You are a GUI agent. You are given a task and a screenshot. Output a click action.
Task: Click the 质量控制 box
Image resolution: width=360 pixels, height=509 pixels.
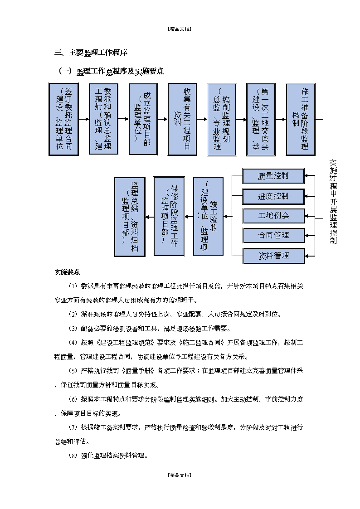coord(274,176)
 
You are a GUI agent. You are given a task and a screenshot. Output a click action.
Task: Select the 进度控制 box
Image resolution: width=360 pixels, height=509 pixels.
coord(274,196)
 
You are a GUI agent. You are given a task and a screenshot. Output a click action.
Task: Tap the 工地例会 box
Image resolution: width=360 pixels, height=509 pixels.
coord(274,216)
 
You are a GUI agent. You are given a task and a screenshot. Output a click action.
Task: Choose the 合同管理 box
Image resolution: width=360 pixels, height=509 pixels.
coord(274,235)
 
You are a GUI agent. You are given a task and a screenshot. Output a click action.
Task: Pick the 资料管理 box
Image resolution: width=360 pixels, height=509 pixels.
coord(274,256)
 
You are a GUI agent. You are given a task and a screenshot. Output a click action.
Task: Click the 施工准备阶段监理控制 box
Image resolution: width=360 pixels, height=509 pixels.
coord(301,119)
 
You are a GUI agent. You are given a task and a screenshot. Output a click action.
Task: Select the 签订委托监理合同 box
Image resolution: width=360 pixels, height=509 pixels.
coord(63,119)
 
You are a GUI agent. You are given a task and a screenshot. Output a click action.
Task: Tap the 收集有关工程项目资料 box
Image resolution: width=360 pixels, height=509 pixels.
coord(182,119)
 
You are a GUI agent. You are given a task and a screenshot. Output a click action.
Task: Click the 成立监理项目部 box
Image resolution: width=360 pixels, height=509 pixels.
coord(143,119)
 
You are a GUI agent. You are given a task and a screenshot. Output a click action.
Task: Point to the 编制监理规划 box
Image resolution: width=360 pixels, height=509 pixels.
coord(222,119)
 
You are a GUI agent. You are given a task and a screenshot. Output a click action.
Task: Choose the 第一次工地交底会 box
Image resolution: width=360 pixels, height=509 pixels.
coord(261,119)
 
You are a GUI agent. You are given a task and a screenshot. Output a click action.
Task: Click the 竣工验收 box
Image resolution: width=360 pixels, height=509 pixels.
coord(209,216)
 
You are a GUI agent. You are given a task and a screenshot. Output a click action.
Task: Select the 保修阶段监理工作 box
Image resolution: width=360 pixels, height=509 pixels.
coord(169,216)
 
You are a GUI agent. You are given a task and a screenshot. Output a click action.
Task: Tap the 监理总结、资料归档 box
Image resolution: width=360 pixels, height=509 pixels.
coord(130,217)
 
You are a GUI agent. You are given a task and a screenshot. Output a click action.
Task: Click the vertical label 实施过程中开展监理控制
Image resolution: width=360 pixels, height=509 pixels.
coord(333,202)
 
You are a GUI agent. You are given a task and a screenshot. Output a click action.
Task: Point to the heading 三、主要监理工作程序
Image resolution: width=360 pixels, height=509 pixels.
coord(91,53)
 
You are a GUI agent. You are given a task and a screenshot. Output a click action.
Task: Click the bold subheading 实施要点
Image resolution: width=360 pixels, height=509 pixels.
coord(67,272)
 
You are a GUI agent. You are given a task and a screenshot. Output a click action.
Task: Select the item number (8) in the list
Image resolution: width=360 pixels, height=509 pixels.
coord(73,456)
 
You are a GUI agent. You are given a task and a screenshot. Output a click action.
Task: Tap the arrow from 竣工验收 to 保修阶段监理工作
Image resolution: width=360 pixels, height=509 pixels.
coord(189,217)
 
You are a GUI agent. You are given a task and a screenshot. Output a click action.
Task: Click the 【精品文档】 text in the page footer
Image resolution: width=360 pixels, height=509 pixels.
coord(180,475)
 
